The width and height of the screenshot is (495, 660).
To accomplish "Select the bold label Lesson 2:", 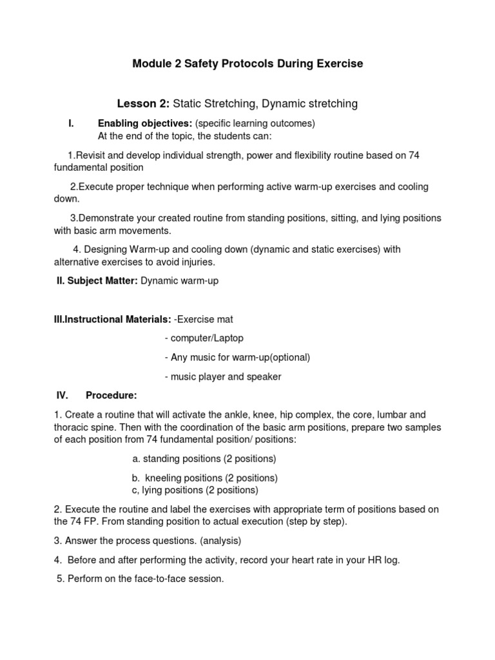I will coord(143,103).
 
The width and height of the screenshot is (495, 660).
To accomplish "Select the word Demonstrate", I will coord(107,218).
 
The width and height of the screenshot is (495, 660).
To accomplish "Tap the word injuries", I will coord(197,262).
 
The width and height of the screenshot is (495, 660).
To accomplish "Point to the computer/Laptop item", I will coord(206,338).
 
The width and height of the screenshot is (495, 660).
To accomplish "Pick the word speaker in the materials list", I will coord(265,377).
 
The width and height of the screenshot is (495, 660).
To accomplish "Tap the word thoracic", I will coord(70,427).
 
